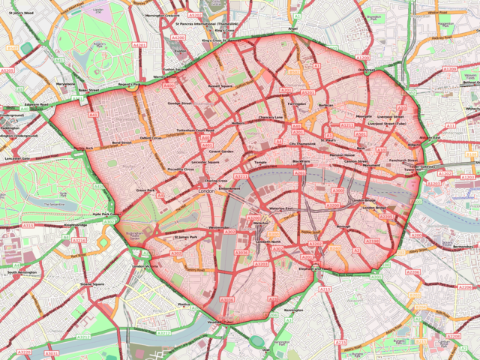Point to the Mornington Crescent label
click(163, 15)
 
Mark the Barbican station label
click(325, 106)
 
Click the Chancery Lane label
click(270, 118)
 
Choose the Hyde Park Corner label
click(106, 216)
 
